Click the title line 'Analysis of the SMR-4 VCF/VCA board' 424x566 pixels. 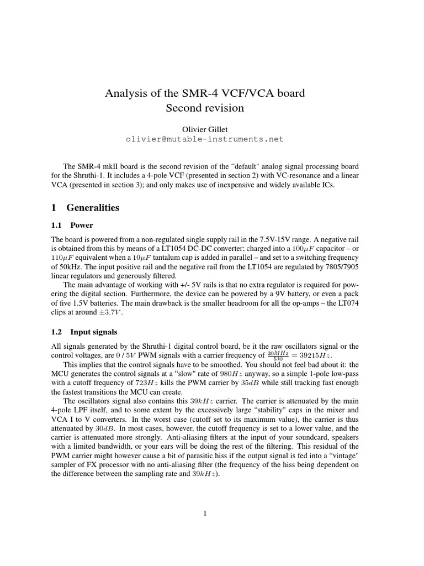(205, 93)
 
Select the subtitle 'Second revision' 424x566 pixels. (205, 108)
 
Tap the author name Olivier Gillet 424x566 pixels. (205, 129)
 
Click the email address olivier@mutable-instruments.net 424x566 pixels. (205, 139)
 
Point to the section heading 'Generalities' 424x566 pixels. (92, 208)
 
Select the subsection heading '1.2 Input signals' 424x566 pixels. (93, 332)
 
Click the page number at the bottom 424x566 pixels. (205, 514)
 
